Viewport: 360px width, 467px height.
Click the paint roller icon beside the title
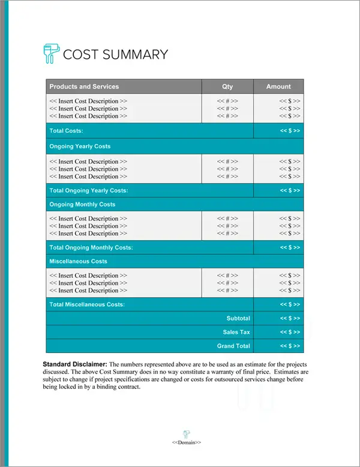coord(52,54)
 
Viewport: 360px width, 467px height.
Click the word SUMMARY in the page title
coord(135,55)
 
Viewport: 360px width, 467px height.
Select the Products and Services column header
coord(84,86)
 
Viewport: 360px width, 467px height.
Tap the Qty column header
coord(227,86)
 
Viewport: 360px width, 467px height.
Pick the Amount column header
coord(278,86)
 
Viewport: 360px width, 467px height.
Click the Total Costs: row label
coord(66,131)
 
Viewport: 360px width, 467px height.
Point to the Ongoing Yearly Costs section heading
coord(80,146)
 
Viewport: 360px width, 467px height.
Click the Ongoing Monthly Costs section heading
coord(82,205)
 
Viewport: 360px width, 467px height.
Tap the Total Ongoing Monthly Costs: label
coord(91,247)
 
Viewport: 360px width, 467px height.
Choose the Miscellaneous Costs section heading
coord(79,262)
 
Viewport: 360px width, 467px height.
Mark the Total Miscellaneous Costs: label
coord(87,304)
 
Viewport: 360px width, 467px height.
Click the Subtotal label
coord(238,318)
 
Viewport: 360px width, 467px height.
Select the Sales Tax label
coord(236,332)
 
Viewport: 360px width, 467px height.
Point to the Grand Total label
coord(233,346)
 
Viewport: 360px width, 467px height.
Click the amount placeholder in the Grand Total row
coord(290,346)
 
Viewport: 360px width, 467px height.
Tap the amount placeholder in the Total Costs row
coord(290,131)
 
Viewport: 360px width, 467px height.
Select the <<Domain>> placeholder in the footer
coord(187,442)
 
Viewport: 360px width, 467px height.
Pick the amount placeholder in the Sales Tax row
coord(290,332)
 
